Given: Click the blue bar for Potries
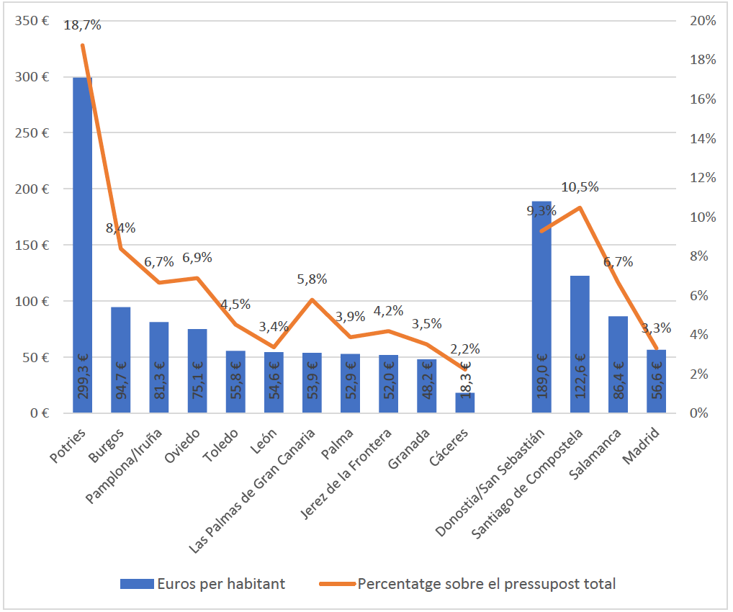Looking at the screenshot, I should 82,245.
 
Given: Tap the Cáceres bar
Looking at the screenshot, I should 465,403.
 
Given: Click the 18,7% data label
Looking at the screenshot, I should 82,25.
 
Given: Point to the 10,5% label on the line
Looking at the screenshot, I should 580,187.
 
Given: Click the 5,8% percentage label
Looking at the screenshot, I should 312,279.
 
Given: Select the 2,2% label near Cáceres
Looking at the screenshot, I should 465,349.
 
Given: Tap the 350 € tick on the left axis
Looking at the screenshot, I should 31,21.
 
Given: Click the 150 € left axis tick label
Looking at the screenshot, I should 31,245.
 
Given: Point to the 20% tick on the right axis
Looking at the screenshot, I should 702,21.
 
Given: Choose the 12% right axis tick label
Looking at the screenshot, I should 702,178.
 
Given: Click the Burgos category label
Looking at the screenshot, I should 108,445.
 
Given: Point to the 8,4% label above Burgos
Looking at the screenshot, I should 120,228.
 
